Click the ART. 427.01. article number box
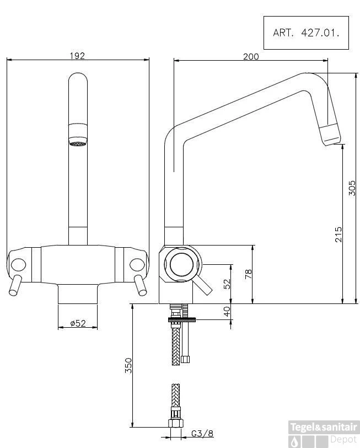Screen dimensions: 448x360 306,33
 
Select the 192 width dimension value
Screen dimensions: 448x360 78,55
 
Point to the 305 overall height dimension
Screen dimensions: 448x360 353,188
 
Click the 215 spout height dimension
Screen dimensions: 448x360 338,234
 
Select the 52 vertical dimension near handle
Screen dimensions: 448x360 227,284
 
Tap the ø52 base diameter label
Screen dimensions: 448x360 78,324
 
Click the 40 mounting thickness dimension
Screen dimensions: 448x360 227,312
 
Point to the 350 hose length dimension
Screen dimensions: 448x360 128,365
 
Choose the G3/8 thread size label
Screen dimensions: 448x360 203,434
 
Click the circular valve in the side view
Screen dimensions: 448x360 182,264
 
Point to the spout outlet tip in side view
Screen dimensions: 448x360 331,135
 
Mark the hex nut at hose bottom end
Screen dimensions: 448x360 175,424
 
